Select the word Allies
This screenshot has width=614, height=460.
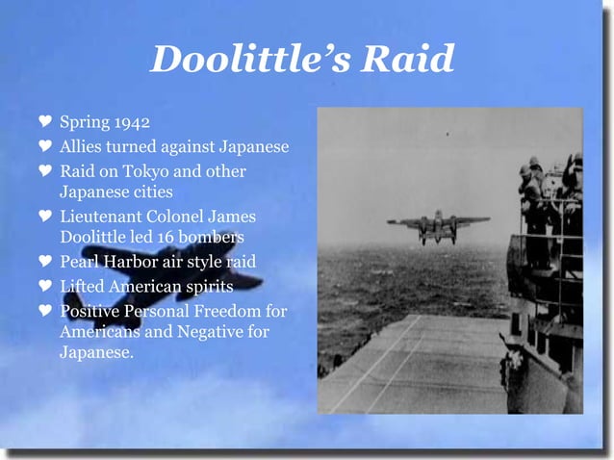[80, 147]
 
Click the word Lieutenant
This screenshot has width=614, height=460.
[101, 217]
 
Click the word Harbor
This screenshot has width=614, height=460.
[132, 261]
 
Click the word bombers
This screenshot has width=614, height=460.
[216, 236]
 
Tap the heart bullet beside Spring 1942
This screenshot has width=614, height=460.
[43, 123]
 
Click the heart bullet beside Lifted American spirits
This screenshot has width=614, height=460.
[43, 286]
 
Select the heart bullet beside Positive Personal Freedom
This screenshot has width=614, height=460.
[43, 310]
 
